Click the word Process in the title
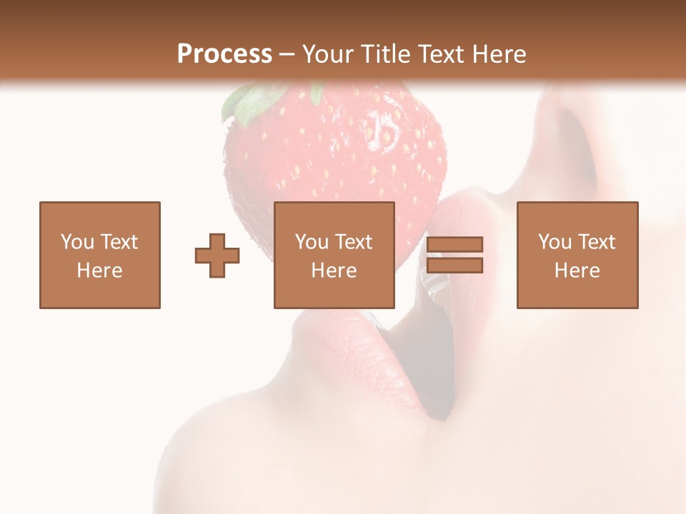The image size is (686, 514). tap(224, 54)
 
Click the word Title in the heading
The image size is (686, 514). tap(386, 54)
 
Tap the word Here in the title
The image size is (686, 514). tap(498, 54)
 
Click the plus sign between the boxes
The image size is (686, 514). tap(217, 256)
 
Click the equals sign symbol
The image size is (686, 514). tap(454, 255)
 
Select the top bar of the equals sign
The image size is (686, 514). tap(454, 245)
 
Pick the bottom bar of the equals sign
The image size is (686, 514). tap(454, 266)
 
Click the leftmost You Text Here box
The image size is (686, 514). tap(100, 255)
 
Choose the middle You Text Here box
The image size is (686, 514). tap(334, 255)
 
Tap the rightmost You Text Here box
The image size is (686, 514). tap(577, 255)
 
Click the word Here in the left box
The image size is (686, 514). tap(100, 271)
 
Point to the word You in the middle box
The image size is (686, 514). tap(312, 242)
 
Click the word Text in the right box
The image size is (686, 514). tap(597, 242)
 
